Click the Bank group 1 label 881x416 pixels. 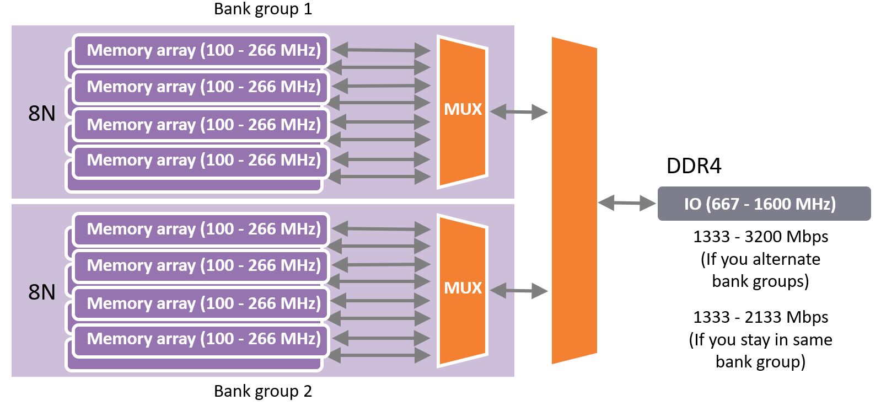(x=263, y=9)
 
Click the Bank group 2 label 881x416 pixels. (x=263, y=391)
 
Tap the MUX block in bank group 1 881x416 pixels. (x=463, y=109)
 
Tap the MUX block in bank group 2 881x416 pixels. (x=463, y=288)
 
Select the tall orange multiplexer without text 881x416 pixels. (x=573, y=201)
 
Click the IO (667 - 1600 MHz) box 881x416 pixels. (x=764, y=204)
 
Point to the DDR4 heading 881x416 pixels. (x=694, y=166)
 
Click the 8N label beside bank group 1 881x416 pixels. (x=42, y=113)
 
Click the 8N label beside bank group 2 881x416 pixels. (x=42, y=292)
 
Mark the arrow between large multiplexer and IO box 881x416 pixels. (x=627, y=204)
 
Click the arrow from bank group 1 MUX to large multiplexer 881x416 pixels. (x=518, y=113)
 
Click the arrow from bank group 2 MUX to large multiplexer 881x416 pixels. (x=518, y=290)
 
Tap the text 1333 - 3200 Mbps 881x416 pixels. (x=760, y=237)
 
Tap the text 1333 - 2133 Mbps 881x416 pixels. (x=760, y=317)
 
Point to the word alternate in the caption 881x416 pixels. (x=786, y=259)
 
